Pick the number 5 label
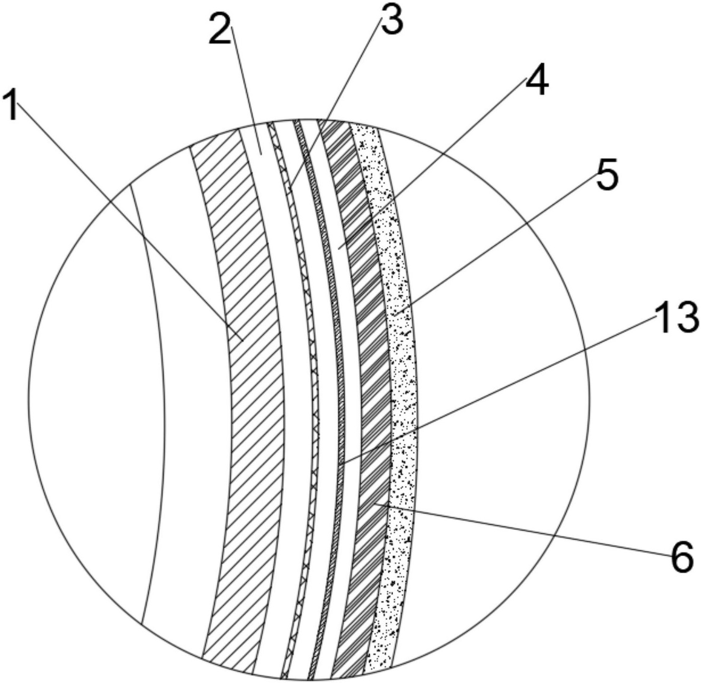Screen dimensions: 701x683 click(x=607, y=176)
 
